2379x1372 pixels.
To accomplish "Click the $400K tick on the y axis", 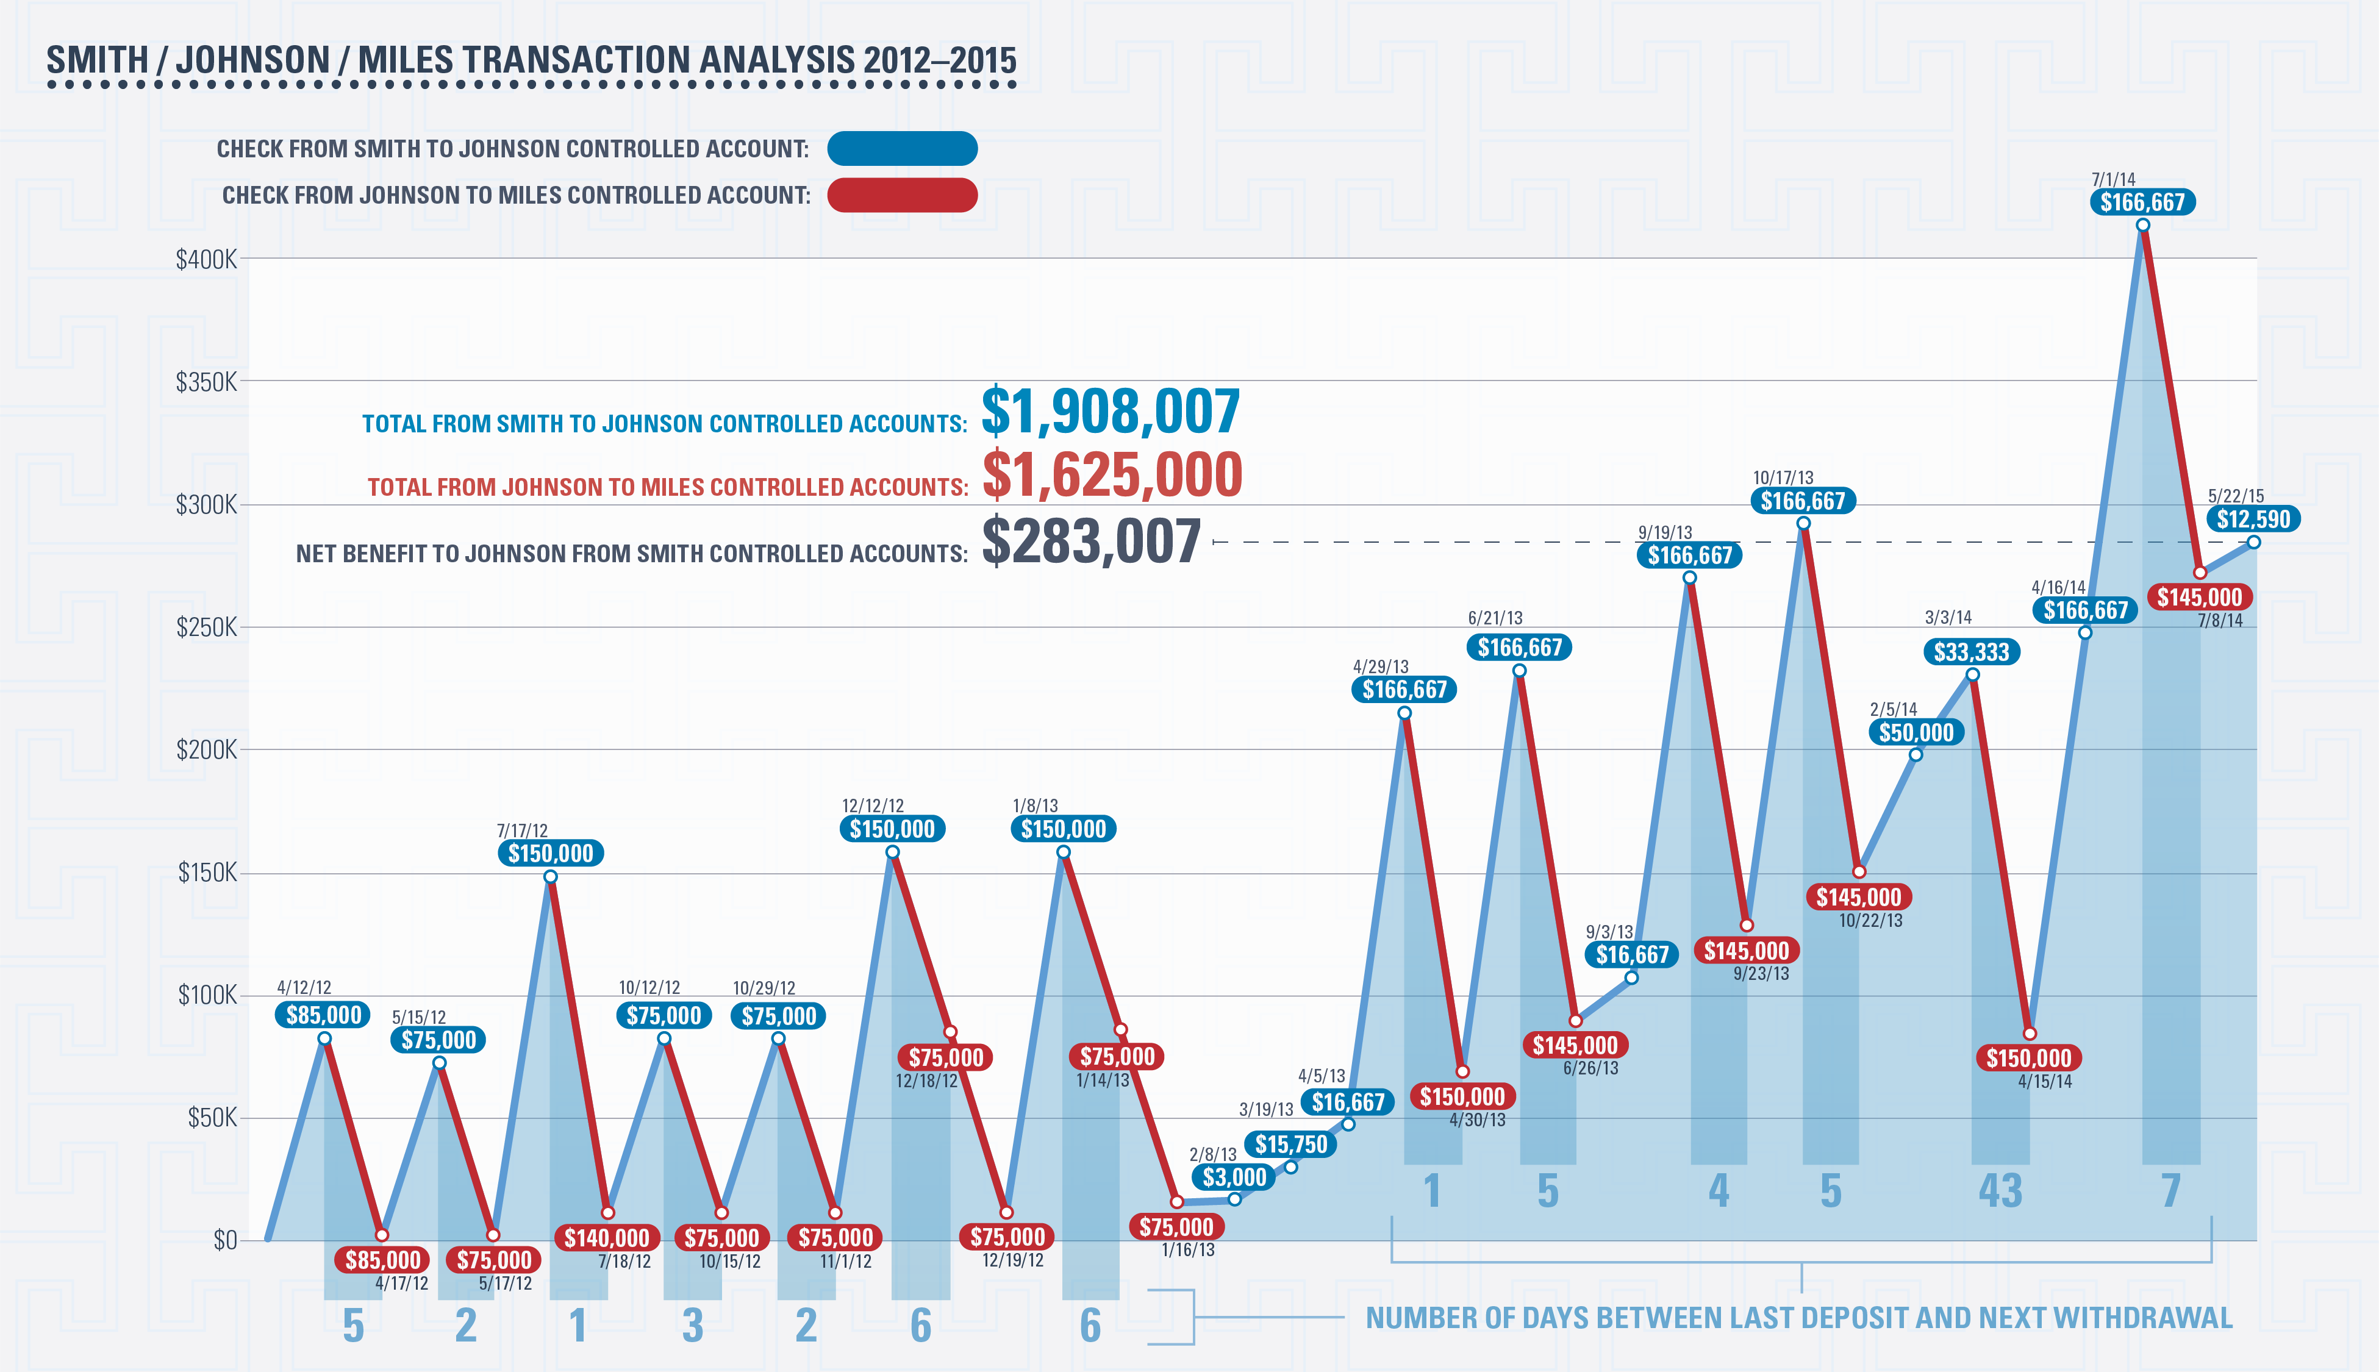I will point(206,259).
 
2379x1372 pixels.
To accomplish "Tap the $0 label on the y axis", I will point(224,1240).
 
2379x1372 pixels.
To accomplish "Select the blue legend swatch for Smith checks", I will point(902,149).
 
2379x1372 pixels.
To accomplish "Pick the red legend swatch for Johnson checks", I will point(902,195).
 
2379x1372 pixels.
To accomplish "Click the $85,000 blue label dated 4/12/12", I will point(323,1015).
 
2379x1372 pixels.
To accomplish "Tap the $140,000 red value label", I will point(607,1237).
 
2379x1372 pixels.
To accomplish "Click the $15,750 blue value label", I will point(1291,1144).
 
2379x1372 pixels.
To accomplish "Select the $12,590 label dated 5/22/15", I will point(2253,518).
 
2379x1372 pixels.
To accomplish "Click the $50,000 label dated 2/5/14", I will point(1916,732).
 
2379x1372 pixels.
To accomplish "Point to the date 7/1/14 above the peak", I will point(2112,179).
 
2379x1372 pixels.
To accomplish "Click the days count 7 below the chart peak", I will point(2171,1191).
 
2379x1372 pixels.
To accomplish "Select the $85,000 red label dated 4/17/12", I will point(382,1260).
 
